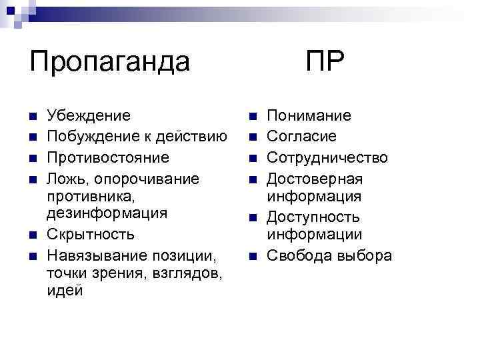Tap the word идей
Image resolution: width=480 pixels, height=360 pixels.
[x=65, y=292]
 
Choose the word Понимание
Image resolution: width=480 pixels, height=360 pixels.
[x=309, y=116]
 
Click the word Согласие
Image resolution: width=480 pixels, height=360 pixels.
[x=302, y=137]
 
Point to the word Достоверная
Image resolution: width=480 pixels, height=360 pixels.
[x=315, y=179]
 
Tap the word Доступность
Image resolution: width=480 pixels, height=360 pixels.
[x=313, y=217]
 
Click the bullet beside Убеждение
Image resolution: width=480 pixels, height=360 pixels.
[x=33, y=117]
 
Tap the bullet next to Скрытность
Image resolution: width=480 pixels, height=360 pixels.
[x=33, y=235]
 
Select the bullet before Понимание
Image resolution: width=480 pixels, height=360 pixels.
[x=252, y=117]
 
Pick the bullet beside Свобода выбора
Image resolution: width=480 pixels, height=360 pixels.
[x=252, y=256]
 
